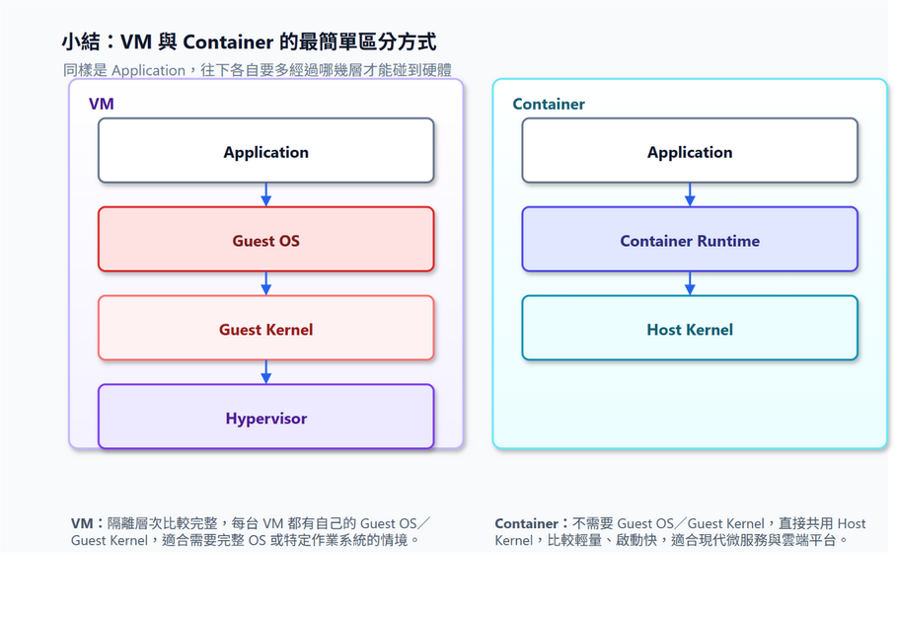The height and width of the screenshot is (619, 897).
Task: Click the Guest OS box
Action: (x=266, y=239)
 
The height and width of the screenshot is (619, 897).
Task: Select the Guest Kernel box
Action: (x=266, y=328)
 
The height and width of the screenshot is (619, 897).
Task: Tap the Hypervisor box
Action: (x=266, y=417)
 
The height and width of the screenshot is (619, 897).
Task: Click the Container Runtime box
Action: (x=690, y=239)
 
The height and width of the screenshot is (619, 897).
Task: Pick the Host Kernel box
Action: (x=690, y=328)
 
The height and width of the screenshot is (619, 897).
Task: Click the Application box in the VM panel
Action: (x=266, y=150)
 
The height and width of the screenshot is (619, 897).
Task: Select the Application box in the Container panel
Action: (x=690, y=150)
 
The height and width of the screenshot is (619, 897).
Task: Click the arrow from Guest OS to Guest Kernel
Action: (x=266, y=283)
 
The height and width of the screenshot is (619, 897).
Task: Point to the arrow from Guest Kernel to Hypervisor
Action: (x=266, y=372)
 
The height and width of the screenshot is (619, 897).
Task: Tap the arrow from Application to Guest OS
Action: (x=266, y=194)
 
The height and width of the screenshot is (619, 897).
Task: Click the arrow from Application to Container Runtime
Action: (x=690, y=194)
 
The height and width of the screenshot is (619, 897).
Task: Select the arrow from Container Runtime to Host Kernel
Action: (x=690, y=283)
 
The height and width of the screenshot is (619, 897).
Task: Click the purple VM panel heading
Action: (x=102, y=104)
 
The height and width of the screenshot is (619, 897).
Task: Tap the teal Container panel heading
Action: (x=549, y=104)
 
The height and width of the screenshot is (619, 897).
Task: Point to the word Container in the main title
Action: (x=228, y=42)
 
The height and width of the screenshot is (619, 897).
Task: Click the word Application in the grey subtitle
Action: (x=149, y=70)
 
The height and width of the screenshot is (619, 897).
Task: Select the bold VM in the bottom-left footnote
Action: (x=82, y=523)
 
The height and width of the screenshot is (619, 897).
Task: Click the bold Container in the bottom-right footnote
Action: (x=526, y=523)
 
